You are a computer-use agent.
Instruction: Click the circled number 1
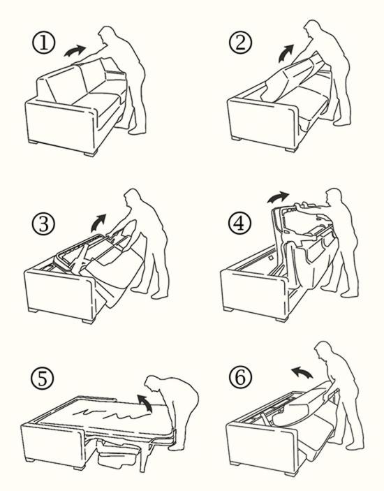(x=44, y=43)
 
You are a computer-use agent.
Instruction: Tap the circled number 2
(x=240, y=42)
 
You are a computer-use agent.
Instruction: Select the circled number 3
(x=43, y=224)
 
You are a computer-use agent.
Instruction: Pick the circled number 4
(x=239, y=223)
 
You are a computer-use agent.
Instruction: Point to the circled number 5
(x=43, y=378)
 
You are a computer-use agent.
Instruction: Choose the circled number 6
(x=240, y=376)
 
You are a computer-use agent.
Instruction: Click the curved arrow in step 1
(x=75, y=51)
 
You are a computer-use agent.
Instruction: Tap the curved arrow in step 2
(x=286, y=53)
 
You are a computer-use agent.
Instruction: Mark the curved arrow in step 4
(x=278, y=197)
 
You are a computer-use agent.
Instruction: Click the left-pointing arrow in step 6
(x=302, y=372)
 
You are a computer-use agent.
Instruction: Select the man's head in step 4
(x=334, y=196)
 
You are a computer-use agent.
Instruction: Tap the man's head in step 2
(x=312, y=29)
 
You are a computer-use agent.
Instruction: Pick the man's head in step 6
(x=323, y=351)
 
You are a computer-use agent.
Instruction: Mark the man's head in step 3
(x=133, y=197)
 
